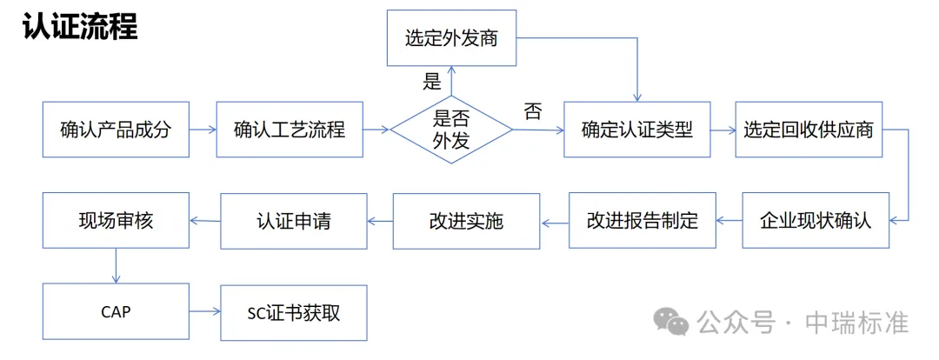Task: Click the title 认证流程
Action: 80,26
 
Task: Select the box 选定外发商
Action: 450,38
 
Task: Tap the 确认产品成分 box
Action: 116,130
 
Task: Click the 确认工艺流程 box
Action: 290,130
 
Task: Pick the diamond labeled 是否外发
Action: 450,130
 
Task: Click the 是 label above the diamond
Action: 432,83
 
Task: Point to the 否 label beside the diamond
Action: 532,111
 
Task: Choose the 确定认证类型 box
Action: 636,130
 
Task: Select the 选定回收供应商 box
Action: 809,130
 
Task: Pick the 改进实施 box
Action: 466,220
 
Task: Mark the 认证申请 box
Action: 293,220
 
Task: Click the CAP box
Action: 116,311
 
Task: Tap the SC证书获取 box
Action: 293,311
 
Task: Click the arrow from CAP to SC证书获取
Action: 204,311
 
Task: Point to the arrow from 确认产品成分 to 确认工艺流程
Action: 203,130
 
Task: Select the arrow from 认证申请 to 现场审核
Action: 205,221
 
